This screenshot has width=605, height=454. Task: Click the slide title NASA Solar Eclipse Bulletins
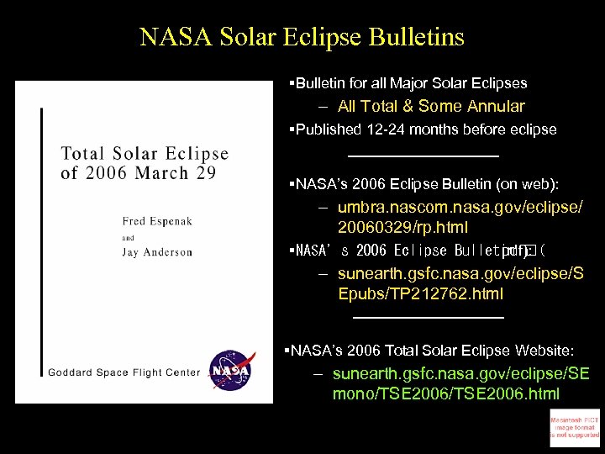(x=302, y=38)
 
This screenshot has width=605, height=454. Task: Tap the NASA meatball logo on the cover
(x=229, y=370)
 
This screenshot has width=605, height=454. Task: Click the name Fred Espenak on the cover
(x=157, y=221)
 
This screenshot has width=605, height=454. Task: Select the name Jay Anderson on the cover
(x=157, y=252)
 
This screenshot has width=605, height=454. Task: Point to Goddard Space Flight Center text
(x=124, y=372)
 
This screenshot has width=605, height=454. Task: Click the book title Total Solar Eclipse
(x=145, y=154)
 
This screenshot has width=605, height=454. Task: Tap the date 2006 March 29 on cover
(x=139, y=173)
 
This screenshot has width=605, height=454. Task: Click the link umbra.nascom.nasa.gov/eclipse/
(x=460, y=208)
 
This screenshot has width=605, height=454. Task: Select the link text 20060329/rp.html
(x=402, y=227)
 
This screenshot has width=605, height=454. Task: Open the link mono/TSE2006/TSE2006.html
(x=446, y=393)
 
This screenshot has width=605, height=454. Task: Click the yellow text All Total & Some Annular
(x=431, y=106)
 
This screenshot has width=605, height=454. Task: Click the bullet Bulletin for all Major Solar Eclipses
(x=409, y=83)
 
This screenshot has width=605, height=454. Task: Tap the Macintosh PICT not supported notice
(x=575, y=427)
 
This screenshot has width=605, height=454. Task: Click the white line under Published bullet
(x=423, y=156)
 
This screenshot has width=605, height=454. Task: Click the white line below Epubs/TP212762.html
(x=429, y=317)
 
